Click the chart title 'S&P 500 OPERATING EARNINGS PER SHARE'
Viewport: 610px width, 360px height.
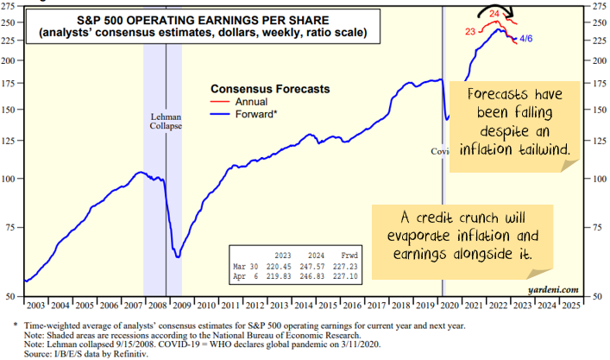click(x=202, y=20)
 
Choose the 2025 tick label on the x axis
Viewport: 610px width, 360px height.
click(x=569, y=306)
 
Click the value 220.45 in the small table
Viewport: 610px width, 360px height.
click(x=283, y=267)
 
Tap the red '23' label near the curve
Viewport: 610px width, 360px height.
click(x=471, y=31)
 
